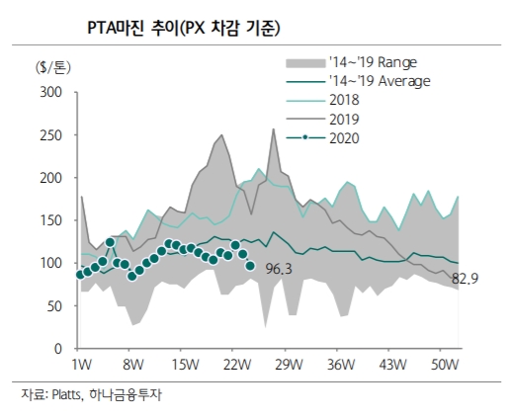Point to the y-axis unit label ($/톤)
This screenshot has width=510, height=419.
[51, 67]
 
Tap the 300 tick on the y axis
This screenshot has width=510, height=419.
[50, 93]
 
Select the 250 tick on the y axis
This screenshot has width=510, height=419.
[50, 135]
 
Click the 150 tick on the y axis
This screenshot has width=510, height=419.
[50, 221]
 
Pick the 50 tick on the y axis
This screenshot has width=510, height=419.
[54, 306]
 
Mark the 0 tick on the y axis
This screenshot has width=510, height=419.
[59, 349]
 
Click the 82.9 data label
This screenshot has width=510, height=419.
[465, 281]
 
